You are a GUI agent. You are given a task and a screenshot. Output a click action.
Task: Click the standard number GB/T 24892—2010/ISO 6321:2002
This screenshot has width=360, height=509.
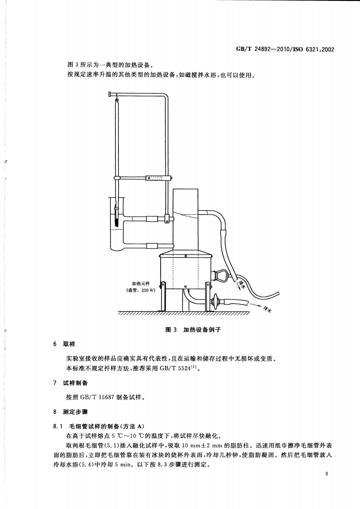pos(286,49)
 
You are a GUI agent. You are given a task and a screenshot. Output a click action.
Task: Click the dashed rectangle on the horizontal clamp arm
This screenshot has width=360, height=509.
pos(154,178)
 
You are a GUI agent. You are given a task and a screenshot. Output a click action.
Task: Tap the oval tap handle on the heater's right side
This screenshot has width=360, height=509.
pos(223,275)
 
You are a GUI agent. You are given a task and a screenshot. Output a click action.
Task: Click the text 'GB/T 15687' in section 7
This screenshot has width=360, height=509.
pos(97,397)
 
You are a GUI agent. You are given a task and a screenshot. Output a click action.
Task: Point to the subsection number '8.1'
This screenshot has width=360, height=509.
pos(59,426)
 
